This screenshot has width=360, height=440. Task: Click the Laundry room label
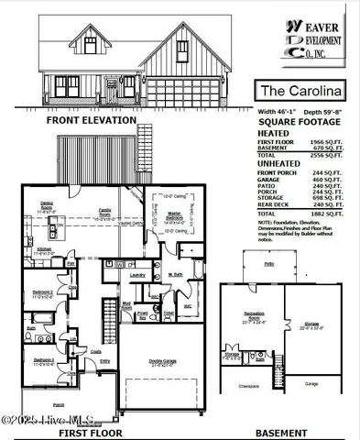138,274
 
